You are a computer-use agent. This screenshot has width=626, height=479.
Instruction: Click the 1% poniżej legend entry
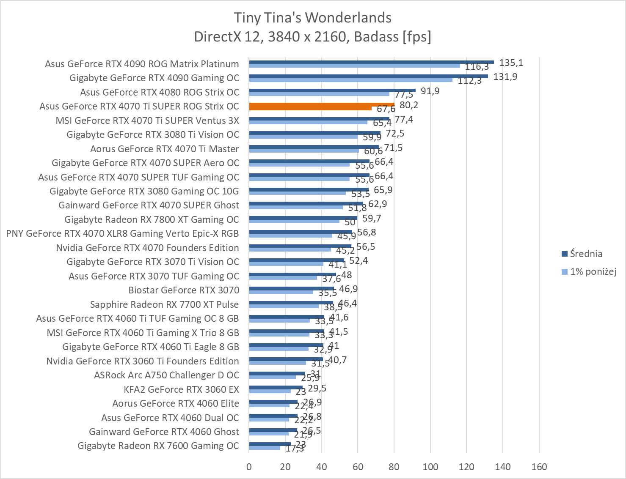[x=593, y=271]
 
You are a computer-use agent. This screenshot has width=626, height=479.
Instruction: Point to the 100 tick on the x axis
[x=430, y=467]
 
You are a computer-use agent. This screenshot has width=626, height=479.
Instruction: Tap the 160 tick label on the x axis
[x=539, y=467]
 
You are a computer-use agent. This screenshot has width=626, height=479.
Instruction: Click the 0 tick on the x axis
[x=249, y=467]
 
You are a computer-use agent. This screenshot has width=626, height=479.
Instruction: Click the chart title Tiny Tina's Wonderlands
[x=313, y=18]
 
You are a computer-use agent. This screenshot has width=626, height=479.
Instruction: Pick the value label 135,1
[x=511, y=63]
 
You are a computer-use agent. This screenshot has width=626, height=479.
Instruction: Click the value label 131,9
[x=505, y=77]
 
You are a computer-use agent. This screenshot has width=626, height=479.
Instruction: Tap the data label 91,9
[x=430, y=91]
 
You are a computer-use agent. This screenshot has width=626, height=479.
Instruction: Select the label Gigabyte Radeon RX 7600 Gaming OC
[x=158, y=446]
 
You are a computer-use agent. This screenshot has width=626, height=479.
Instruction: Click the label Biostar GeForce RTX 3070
[x=184, y=290]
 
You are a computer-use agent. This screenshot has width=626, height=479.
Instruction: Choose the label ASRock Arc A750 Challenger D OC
[x=166, y=375]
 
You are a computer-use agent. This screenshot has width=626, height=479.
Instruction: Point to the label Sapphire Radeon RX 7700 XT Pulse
[x=164, y=304]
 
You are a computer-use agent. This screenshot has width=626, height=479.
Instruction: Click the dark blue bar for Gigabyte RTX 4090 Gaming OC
[x=368, y=76]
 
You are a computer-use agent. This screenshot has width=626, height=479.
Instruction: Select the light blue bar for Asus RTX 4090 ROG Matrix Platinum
[x=354, y=66]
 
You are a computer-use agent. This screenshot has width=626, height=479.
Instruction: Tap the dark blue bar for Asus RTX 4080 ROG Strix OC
[x=332, y=90]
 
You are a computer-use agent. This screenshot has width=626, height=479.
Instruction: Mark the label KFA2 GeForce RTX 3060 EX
[x=181, y=389]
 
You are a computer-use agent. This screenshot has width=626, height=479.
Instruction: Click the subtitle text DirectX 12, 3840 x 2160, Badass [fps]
[x=313, y=37]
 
